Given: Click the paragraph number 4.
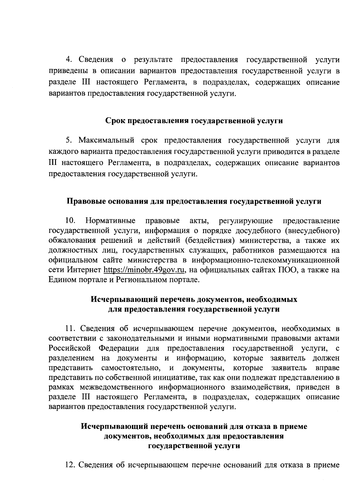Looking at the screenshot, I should point(69,60).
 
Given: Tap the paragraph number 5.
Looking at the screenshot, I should point(68,141).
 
